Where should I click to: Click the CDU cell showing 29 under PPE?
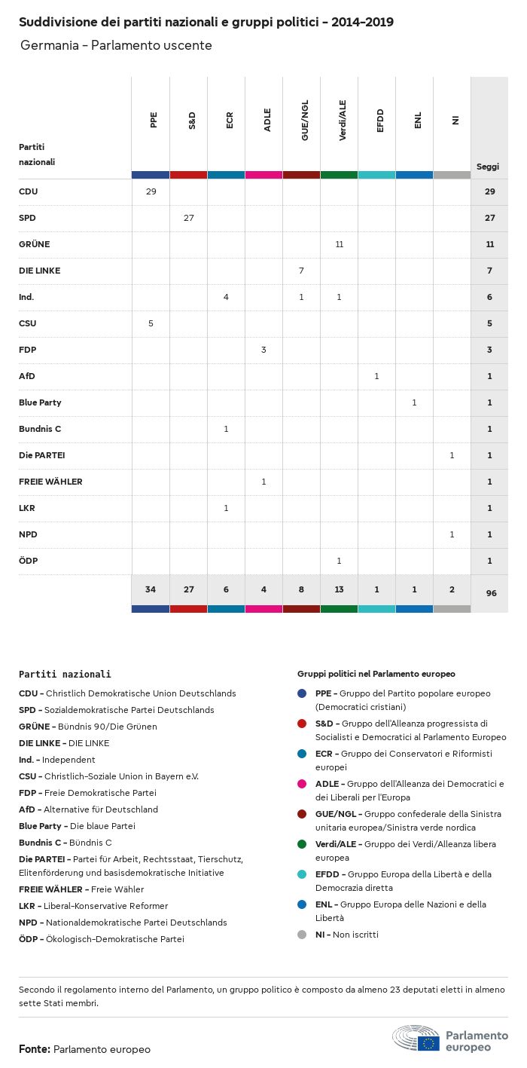pyautogui.click(x=151, y=191)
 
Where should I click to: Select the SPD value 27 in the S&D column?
pyautogui.click(x=188, y=218)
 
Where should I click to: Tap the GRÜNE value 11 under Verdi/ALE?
pyautogui.click(x=339, y=244)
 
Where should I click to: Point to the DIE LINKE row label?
pyautogui.click(x=39, y=271)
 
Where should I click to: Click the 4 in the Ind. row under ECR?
pyautogui.click(x=226, y=297)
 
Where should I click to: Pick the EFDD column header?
pyautogui.click(x=380, y=121)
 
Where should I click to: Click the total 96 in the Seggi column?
pyautogui.click(x=491, y=593)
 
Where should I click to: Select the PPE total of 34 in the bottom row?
pyautogui.click(x=151, y=589)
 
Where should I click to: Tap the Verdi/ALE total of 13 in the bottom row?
pyautogui.click(x=339, y=589)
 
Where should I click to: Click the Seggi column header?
pyautogui.click(x=488, y=167)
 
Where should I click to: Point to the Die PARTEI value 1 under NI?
pyautogui.click(x=452, y=455)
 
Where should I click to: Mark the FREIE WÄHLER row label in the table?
pyautogui.click(x=50, y=482)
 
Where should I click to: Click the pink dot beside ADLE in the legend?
pyautogui.click(x=302, y=784)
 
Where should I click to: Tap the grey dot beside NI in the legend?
pyautogui.click(x=302, y=935)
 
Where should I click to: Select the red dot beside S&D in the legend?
pyautogui.click(x=302, y=724)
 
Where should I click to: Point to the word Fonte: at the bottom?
pyautogui.click(x=35, y=1049)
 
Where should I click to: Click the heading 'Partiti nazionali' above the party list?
pyautogui.click(x=65, y=674)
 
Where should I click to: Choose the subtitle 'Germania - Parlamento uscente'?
pyautogui.click(x=116, y=45)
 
